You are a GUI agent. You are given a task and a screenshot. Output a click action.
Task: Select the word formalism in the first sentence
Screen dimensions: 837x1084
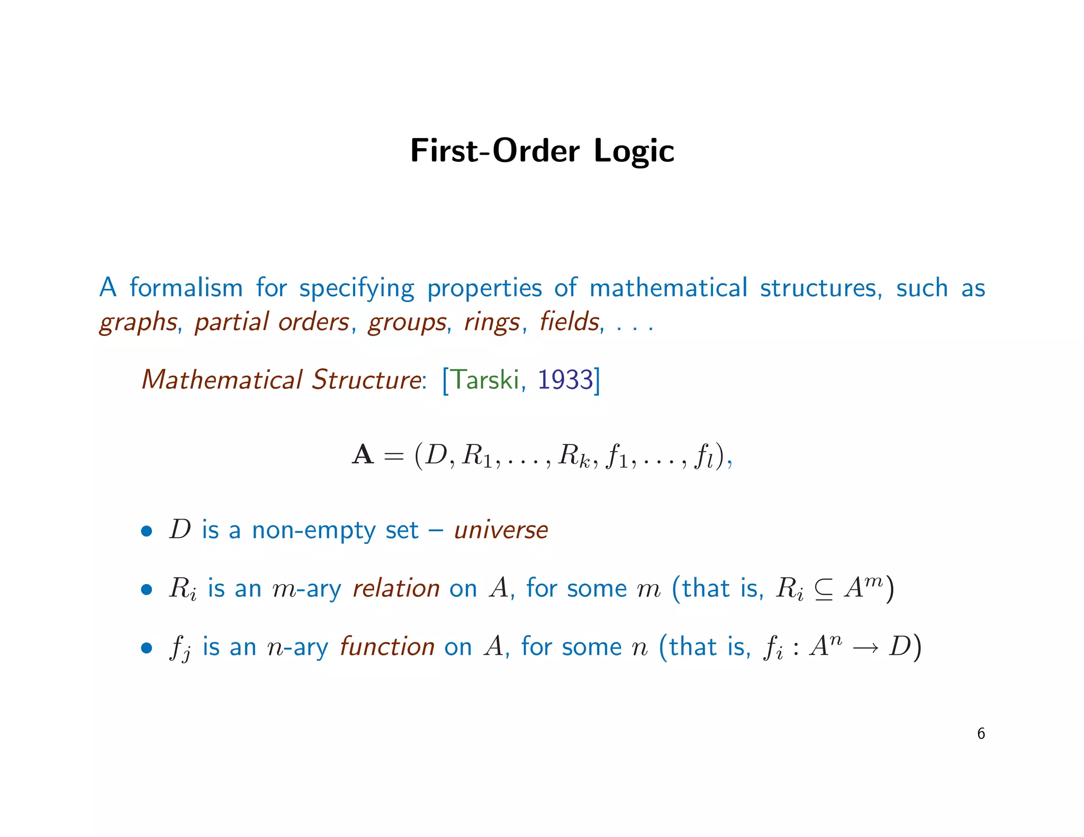coord(186,288)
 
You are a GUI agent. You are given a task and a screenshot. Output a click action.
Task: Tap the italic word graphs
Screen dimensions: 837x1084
coord(138,322)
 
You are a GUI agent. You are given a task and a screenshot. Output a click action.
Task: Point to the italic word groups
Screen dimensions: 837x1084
coord(407,322)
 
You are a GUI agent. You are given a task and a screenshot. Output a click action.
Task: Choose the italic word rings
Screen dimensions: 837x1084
coord(492,322)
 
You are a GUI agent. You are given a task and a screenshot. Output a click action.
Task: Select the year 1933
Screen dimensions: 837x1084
coord(565,380)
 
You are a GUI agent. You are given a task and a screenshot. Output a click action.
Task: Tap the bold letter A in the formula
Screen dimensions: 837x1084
coord(363,455)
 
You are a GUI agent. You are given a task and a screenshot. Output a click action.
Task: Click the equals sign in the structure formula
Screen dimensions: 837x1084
coord(393,456)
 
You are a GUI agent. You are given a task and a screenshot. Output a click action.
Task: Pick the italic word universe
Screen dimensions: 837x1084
coord(501,530)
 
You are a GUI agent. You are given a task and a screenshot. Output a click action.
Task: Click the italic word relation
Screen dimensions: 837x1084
coord(396,588)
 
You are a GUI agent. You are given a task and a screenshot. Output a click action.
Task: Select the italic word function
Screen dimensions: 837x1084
coord(387,647)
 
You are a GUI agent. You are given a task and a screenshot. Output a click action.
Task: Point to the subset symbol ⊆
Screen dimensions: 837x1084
coord(824,590)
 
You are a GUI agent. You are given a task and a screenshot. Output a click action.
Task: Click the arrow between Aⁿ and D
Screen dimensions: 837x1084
coord(865,648)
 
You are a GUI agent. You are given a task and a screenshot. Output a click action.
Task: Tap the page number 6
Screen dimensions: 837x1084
coord(981,734)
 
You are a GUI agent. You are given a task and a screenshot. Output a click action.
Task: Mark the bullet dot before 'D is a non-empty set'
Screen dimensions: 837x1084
coord(147,531)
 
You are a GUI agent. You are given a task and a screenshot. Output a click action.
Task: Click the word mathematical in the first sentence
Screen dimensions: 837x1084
coord(668,288)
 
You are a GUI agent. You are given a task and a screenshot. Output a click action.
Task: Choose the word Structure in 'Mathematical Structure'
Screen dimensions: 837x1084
coord(366,380)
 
